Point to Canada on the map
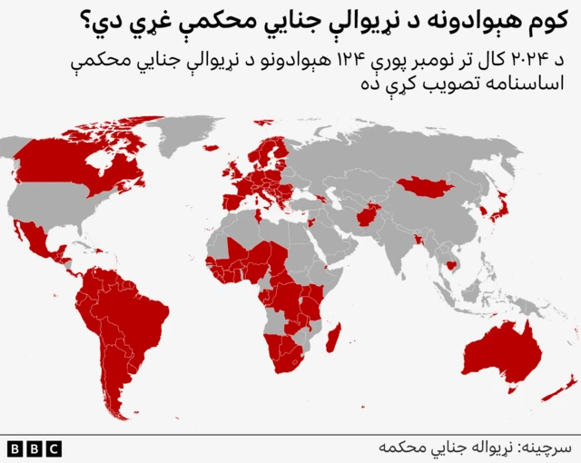82,168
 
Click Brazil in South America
136,318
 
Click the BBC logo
34,448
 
